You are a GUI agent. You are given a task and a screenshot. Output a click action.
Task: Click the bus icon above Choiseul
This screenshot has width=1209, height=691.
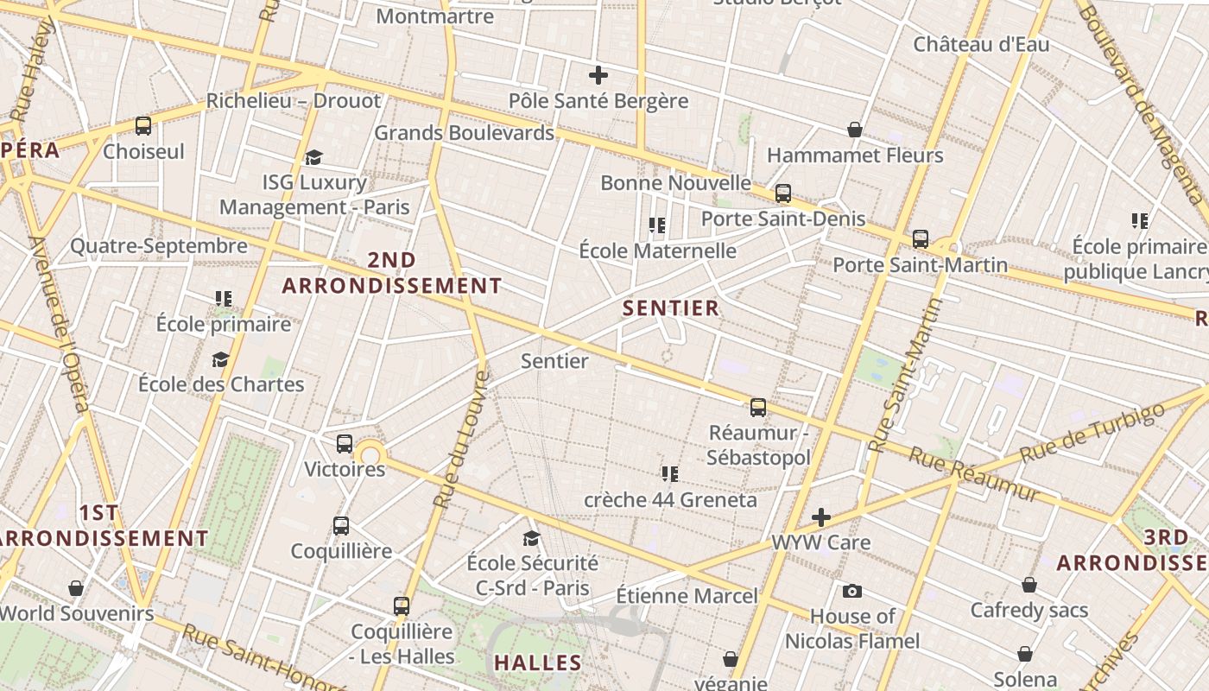pos(143,126)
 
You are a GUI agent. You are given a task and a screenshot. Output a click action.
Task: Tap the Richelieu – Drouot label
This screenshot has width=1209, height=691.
pos(293,101)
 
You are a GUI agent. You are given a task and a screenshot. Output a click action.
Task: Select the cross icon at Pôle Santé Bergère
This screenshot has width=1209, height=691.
pos(598,75)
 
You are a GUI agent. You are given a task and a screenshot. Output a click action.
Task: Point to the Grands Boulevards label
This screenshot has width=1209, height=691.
pos(464,133)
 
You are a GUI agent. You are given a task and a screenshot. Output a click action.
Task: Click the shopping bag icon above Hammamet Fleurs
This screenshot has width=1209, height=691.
pos(854,130)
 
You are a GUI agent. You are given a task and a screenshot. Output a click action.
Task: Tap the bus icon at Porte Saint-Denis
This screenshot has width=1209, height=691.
pos(783,193)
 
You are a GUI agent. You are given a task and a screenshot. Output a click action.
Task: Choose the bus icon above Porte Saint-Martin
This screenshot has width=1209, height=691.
pos(921,239)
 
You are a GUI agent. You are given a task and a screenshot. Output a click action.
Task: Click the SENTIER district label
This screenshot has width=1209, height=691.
pos(671,308)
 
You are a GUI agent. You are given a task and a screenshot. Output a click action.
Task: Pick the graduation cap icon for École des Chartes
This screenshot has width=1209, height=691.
pos(221,359)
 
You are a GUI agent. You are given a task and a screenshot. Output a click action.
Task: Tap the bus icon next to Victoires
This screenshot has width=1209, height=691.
pos(345,444)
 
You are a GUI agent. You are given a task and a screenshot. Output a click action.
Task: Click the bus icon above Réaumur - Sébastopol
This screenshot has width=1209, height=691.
pos(758,408)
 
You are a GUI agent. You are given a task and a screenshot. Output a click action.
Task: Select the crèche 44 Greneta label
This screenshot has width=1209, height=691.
pos(670,500)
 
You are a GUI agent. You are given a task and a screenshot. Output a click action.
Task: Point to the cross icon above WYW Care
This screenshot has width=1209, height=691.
pos(821,517)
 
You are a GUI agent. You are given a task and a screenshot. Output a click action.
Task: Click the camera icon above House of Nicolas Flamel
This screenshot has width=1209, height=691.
pos(852,591)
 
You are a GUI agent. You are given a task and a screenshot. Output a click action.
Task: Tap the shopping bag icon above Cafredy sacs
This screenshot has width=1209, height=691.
pos(1029,585)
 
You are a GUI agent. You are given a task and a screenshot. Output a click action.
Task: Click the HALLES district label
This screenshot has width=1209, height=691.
pos(537,663)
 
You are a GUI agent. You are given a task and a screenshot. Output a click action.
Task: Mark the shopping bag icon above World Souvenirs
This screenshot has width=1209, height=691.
pos(76,588)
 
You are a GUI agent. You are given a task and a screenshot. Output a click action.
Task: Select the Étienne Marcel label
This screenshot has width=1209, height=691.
pos(687,596)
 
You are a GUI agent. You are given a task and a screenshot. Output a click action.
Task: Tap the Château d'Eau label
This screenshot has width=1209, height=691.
pos(981,44)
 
